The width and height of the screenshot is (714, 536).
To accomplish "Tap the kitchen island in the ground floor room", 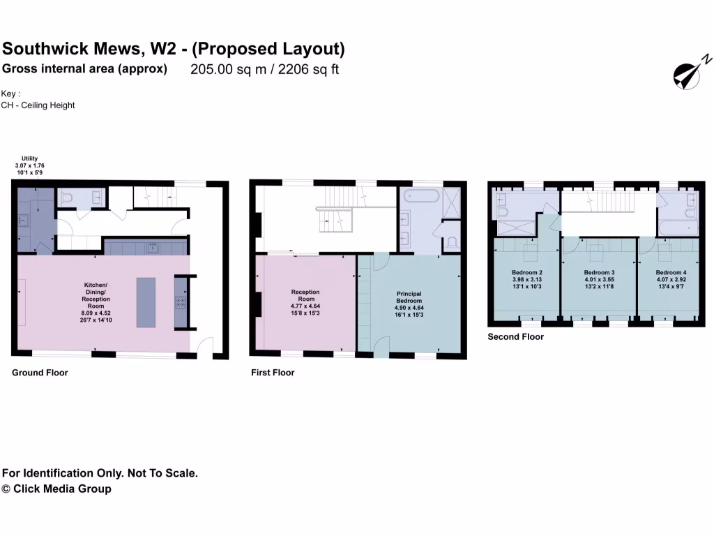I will (146, 302).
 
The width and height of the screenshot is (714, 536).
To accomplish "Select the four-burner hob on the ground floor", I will (181, 302).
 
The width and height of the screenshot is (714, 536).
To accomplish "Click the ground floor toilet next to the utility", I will (68, 199).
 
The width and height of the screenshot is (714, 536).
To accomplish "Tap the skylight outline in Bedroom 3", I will (598, 252).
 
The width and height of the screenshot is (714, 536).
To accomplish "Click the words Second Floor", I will (515, 337).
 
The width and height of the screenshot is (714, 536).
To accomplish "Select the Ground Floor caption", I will (40, 373).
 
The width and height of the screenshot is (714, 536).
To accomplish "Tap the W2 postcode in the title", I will (161, 49).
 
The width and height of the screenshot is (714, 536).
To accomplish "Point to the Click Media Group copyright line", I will (56, 489).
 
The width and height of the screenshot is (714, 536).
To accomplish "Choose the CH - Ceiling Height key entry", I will (38, 105).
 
